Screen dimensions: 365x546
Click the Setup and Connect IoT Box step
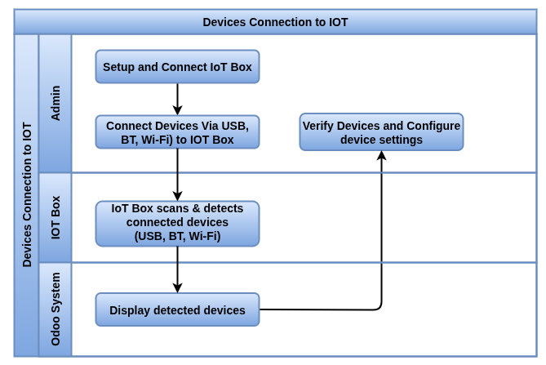coord(177,67)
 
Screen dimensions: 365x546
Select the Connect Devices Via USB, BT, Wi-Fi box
coord(177,132)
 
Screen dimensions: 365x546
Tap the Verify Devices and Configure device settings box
coord(381,132)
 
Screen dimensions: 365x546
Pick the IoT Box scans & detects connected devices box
coord(177,223)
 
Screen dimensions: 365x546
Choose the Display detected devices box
coord(177,310)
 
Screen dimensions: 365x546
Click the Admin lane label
coord(55,103)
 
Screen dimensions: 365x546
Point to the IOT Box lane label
coord(55,217)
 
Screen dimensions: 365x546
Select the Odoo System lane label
coord(55,309)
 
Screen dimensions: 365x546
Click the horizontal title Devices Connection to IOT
coord(275,22)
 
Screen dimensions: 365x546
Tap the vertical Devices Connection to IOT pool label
coord(27,195)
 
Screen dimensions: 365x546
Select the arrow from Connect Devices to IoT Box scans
coord(177,175)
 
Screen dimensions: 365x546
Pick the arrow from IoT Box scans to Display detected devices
coord(177,269)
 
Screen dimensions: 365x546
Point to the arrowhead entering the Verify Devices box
coord(381,156)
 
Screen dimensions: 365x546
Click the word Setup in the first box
coord(119,67)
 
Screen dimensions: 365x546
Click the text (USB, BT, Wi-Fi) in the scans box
coord(177,236)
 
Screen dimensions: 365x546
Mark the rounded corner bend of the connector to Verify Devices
coord(380,308)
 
